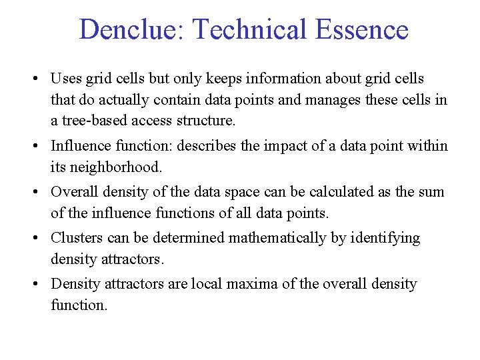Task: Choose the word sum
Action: [x=432, y=192]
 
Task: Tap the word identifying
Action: [x=388, y=238]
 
